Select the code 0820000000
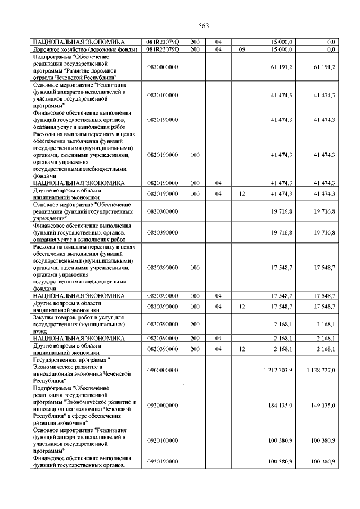coord(162,67)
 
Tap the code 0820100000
coord(162,95)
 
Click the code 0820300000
coord(162,211)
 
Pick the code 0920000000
coord(162,405)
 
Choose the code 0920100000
coord(162,440)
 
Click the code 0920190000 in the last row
coord(162,461)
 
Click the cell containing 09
coord(242,49)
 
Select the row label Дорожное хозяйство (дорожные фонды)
coord(79,49)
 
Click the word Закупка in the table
coord(46,317)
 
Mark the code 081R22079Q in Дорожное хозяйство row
coord(162,49)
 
